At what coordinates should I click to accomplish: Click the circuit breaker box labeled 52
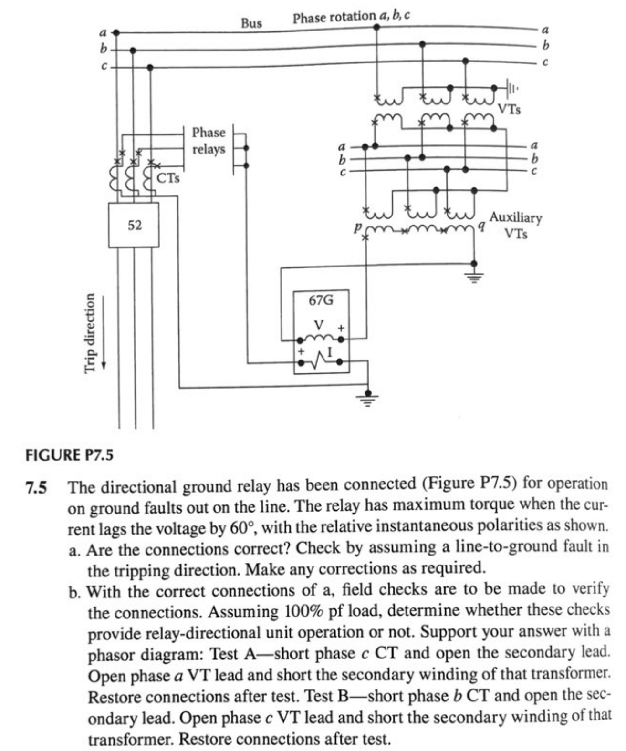134,225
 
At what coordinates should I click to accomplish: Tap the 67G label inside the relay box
321,300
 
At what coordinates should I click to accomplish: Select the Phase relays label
209,141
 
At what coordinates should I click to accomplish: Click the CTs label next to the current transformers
168,178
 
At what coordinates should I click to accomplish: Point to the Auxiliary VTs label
515,225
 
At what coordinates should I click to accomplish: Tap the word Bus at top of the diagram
251,23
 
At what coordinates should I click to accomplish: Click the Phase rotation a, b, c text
351,17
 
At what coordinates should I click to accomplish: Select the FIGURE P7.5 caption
69,455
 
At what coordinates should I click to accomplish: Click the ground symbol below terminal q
474,276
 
